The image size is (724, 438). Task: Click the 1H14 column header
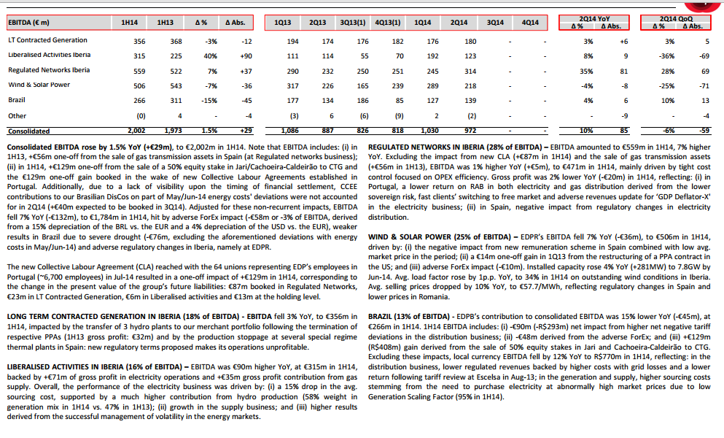pyautogui.click(x=126, y=23)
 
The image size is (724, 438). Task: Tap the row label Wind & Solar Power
pyautogui.click(x=39, y=85)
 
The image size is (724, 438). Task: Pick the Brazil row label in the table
pyautogui.click(x=17, y=100)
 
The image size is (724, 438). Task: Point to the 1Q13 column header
pyautogui.click(x=283, y=23)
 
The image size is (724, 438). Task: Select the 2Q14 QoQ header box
pyautogui.click(x=678, y=23)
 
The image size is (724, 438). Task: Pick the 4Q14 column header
pyautogui.click(x=531, y=23)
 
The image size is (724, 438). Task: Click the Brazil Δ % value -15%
pyautogui.click(x=209, y=100)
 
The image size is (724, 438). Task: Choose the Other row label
pyautogui.click(x=17, y=115)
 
